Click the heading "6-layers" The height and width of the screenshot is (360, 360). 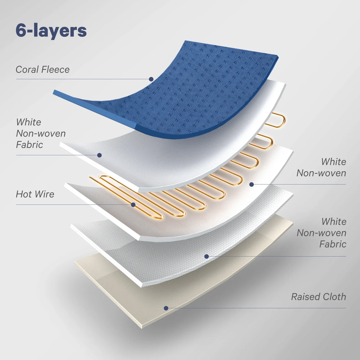(x=51, y=30)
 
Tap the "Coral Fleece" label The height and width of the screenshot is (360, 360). (x=43, y=70)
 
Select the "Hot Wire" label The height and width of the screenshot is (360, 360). (x=35, y=194)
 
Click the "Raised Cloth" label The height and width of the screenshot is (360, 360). (x=318, y=297)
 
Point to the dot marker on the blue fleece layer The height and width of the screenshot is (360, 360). (x=152, y=79)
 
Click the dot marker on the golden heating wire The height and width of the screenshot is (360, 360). (x=134, y=205)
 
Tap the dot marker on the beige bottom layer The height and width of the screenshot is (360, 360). (x=166, y=308)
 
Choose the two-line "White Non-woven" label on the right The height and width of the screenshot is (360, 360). (x=321, y=167)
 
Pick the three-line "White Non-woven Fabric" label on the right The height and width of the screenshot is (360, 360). (x=321, y=233)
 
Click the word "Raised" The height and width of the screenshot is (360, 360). (x=306, y=297)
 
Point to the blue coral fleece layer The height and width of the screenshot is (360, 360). (x=189, y=85)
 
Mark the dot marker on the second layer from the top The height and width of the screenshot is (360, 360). (x=99, y=155)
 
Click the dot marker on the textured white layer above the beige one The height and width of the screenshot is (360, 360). (x=207, y=256)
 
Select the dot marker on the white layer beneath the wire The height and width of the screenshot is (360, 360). (x=252, y=184)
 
